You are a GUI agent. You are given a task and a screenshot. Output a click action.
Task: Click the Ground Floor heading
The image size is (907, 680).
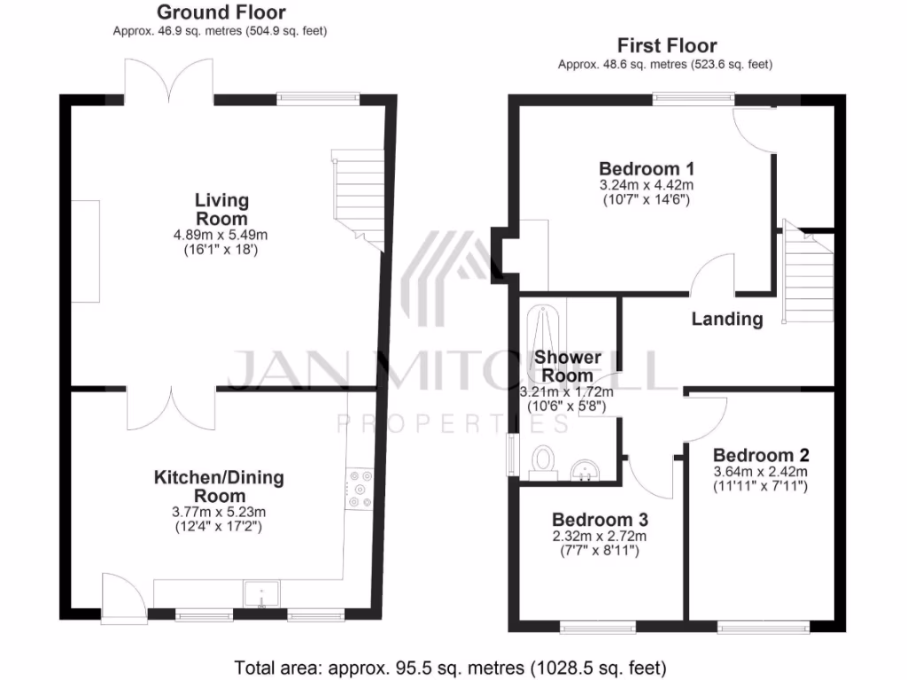coord(221,12)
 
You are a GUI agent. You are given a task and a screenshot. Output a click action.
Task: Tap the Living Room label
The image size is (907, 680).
coord(221,210)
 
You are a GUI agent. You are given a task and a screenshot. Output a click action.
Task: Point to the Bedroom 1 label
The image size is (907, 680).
coord(646,169)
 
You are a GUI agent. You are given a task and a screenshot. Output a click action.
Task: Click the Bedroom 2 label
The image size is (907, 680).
coord(761,456)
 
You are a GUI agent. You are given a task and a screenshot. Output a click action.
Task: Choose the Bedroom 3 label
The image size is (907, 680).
coord(601,520)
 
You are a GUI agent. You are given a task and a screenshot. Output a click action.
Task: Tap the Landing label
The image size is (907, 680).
coord(727,320)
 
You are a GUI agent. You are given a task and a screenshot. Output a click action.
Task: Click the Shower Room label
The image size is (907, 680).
coord(568,366)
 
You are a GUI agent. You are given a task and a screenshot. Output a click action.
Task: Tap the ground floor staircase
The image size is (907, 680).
coord(359,198)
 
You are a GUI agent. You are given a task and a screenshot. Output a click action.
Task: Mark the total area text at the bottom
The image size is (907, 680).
coord(450,667)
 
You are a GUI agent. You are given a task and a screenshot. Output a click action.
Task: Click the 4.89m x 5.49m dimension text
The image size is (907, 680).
coord(221,236)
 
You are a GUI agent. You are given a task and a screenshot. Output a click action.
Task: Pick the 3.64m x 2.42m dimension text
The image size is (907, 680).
coord(761,472)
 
